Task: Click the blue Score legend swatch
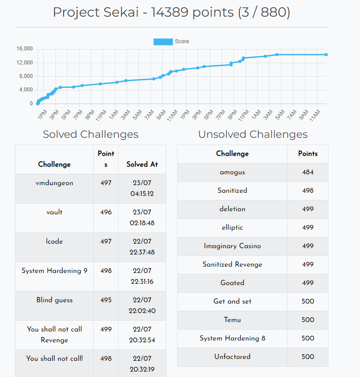[163, 41]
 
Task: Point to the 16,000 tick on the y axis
[24, 49]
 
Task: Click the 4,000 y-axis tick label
[26, 90]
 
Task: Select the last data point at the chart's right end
[326, 55]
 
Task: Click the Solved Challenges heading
[90, 134]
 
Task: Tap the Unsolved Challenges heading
[253, 134]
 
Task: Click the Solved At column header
[142, 164]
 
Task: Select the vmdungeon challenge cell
[54, 183]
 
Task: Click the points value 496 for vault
[105, 212]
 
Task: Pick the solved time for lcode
[142, 247]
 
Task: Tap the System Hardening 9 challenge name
[54, 271]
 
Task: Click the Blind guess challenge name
[54, 300]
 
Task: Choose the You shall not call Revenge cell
[54, 335]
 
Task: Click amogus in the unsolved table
[232, 172]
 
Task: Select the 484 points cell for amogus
[308, 172]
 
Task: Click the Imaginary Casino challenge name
[232, 246]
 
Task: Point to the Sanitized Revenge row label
[232, 264]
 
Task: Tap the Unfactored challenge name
[232, 357]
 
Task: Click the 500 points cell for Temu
[308, 320]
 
